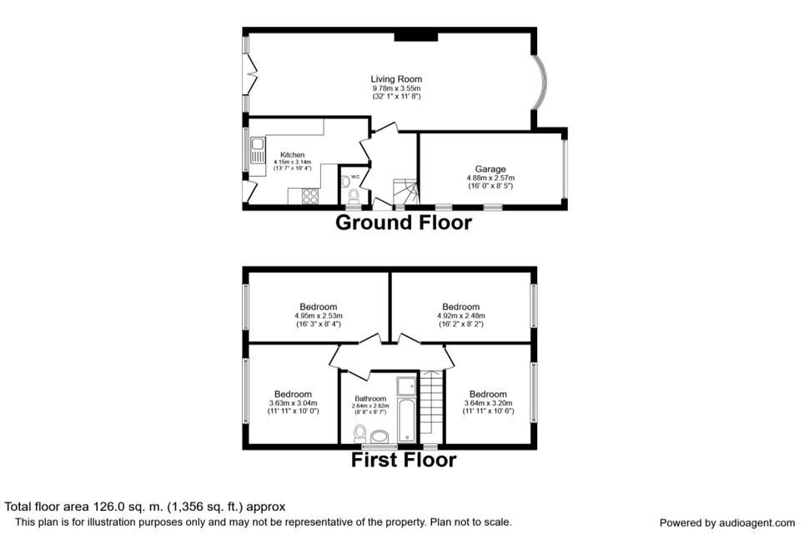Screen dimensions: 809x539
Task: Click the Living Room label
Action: pos(396,79)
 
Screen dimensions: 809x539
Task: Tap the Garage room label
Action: pos(490,169)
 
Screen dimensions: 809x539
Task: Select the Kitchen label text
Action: pos(293,155)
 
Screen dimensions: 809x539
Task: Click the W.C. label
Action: pos(355,177)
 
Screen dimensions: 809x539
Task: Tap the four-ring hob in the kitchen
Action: pos(310,196)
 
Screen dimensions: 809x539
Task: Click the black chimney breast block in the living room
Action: pos(416,37)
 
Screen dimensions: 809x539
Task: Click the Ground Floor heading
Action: pos(404,223)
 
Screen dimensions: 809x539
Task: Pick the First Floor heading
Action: pos(404,460)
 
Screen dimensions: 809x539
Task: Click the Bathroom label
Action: pos(370,399)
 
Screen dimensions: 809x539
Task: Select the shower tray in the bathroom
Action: pos(406,386)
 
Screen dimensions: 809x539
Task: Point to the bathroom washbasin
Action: pos(381,436)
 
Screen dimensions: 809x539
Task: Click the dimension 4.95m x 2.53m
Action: pos(319,315)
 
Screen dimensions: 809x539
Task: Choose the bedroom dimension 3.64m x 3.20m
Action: pos(488,403)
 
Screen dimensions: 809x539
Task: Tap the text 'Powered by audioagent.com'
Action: pos(727,523)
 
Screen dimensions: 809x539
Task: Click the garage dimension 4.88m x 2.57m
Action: pos(490,178)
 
